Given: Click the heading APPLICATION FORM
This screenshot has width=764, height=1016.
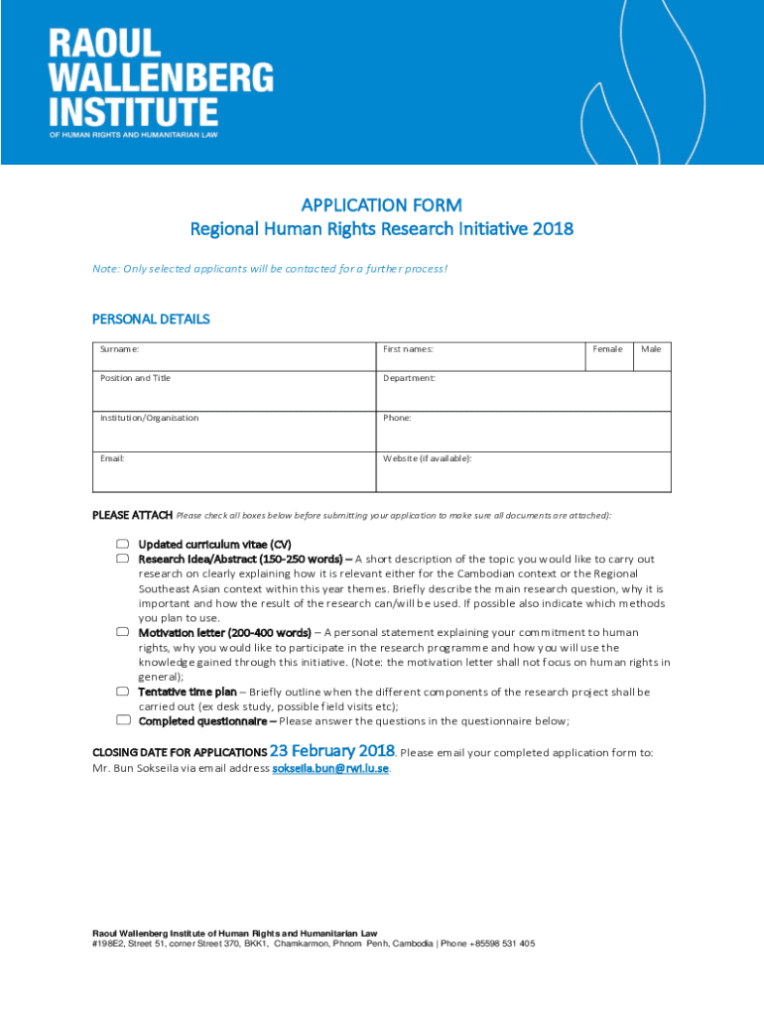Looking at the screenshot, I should point(382,205).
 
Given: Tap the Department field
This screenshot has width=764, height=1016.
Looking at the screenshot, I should point(523,391).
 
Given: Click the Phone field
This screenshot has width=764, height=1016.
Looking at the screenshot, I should point(523,431).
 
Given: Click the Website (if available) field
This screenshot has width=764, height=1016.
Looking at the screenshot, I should point(523,471).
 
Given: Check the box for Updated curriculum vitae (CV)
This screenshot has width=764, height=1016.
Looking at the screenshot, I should point(122,544).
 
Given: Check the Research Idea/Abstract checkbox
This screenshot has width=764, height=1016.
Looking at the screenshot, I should point(122,559).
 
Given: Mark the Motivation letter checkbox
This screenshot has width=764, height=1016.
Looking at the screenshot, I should point(122,632).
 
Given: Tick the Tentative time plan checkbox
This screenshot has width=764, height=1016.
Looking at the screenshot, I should point(122,692).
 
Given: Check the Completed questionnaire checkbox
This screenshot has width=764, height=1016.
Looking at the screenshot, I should point(122,720).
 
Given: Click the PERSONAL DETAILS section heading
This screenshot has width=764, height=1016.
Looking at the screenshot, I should point(151,319).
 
